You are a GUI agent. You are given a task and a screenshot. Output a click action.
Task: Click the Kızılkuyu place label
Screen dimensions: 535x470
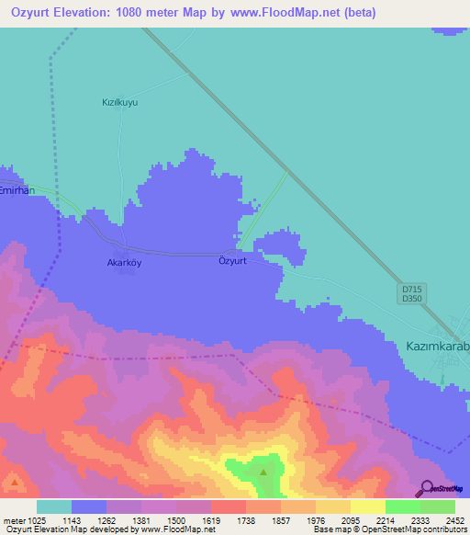pos(119,103)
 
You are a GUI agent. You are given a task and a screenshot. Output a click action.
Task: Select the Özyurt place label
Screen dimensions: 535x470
pos(233,261)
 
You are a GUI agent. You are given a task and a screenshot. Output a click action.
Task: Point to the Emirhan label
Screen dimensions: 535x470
pos(17,190)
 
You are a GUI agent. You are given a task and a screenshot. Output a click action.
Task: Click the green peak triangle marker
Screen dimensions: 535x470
pos(263,472)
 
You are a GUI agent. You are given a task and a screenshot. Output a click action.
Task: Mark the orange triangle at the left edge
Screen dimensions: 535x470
pos(14,481)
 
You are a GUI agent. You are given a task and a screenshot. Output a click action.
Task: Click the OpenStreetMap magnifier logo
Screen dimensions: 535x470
pos(426,489)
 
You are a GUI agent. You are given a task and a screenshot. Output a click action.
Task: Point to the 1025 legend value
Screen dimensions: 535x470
pos(28,520)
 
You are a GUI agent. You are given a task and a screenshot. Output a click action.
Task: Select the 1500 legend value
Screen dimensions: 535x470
pos(165,520)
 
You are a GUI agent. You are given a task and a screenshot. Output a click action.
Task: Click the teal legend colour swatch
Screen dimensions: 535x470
pos(54,507)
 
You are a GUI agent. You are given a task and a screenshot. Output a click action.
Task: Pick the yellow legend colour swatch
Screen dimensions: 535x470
pos(368,507)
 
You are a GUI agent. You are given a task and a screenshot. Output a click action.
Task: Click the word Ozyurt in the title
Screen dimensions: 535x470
pos(36,14)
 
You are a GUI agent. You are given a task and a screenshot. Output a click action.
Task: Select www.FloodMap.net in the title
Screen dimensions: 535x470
pos(288,14)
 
